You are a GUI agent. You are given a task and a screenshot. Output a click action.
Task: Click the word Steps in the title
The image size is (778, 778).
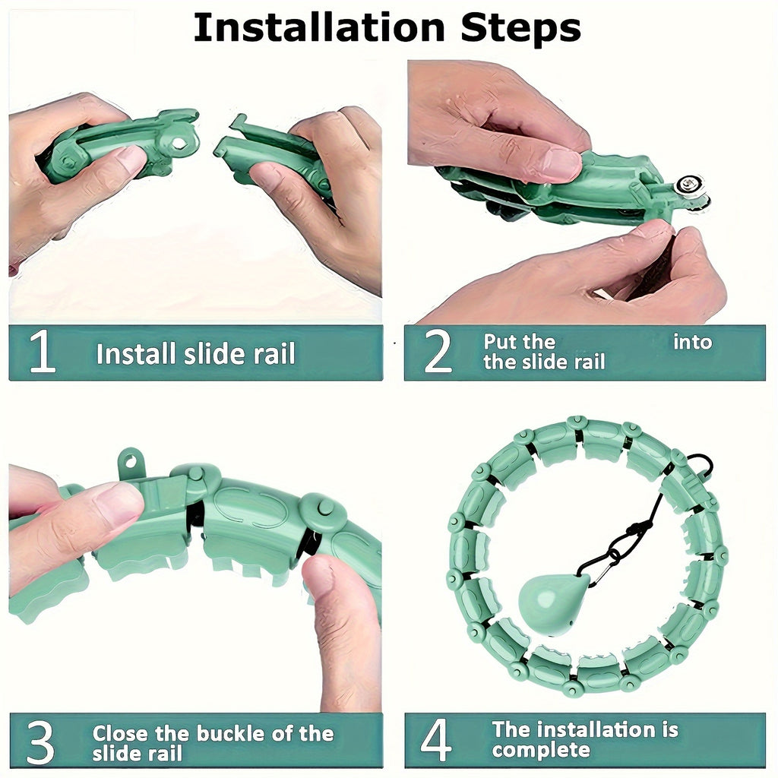coord(521,29)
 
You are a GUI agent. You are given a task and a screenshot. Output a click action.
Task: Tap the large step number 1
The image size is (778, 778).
coord(42,352)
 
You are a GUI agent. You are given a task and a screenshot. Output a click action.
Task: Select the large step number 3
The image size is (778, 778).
coord(40,742)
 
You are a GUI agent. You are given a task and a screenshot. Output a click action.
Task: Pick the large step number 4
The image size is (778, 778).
coord(435,740)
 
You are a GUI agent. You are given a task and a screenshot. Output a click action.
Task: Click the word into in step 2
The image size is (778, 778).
coord(693,342)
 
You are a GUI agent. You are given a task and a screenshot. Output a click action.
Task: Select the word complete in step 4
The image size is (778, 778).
coord(541,750)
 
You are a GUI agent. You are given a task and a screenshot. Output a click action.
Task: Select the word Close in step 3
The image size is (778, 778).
coord(121,733)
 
